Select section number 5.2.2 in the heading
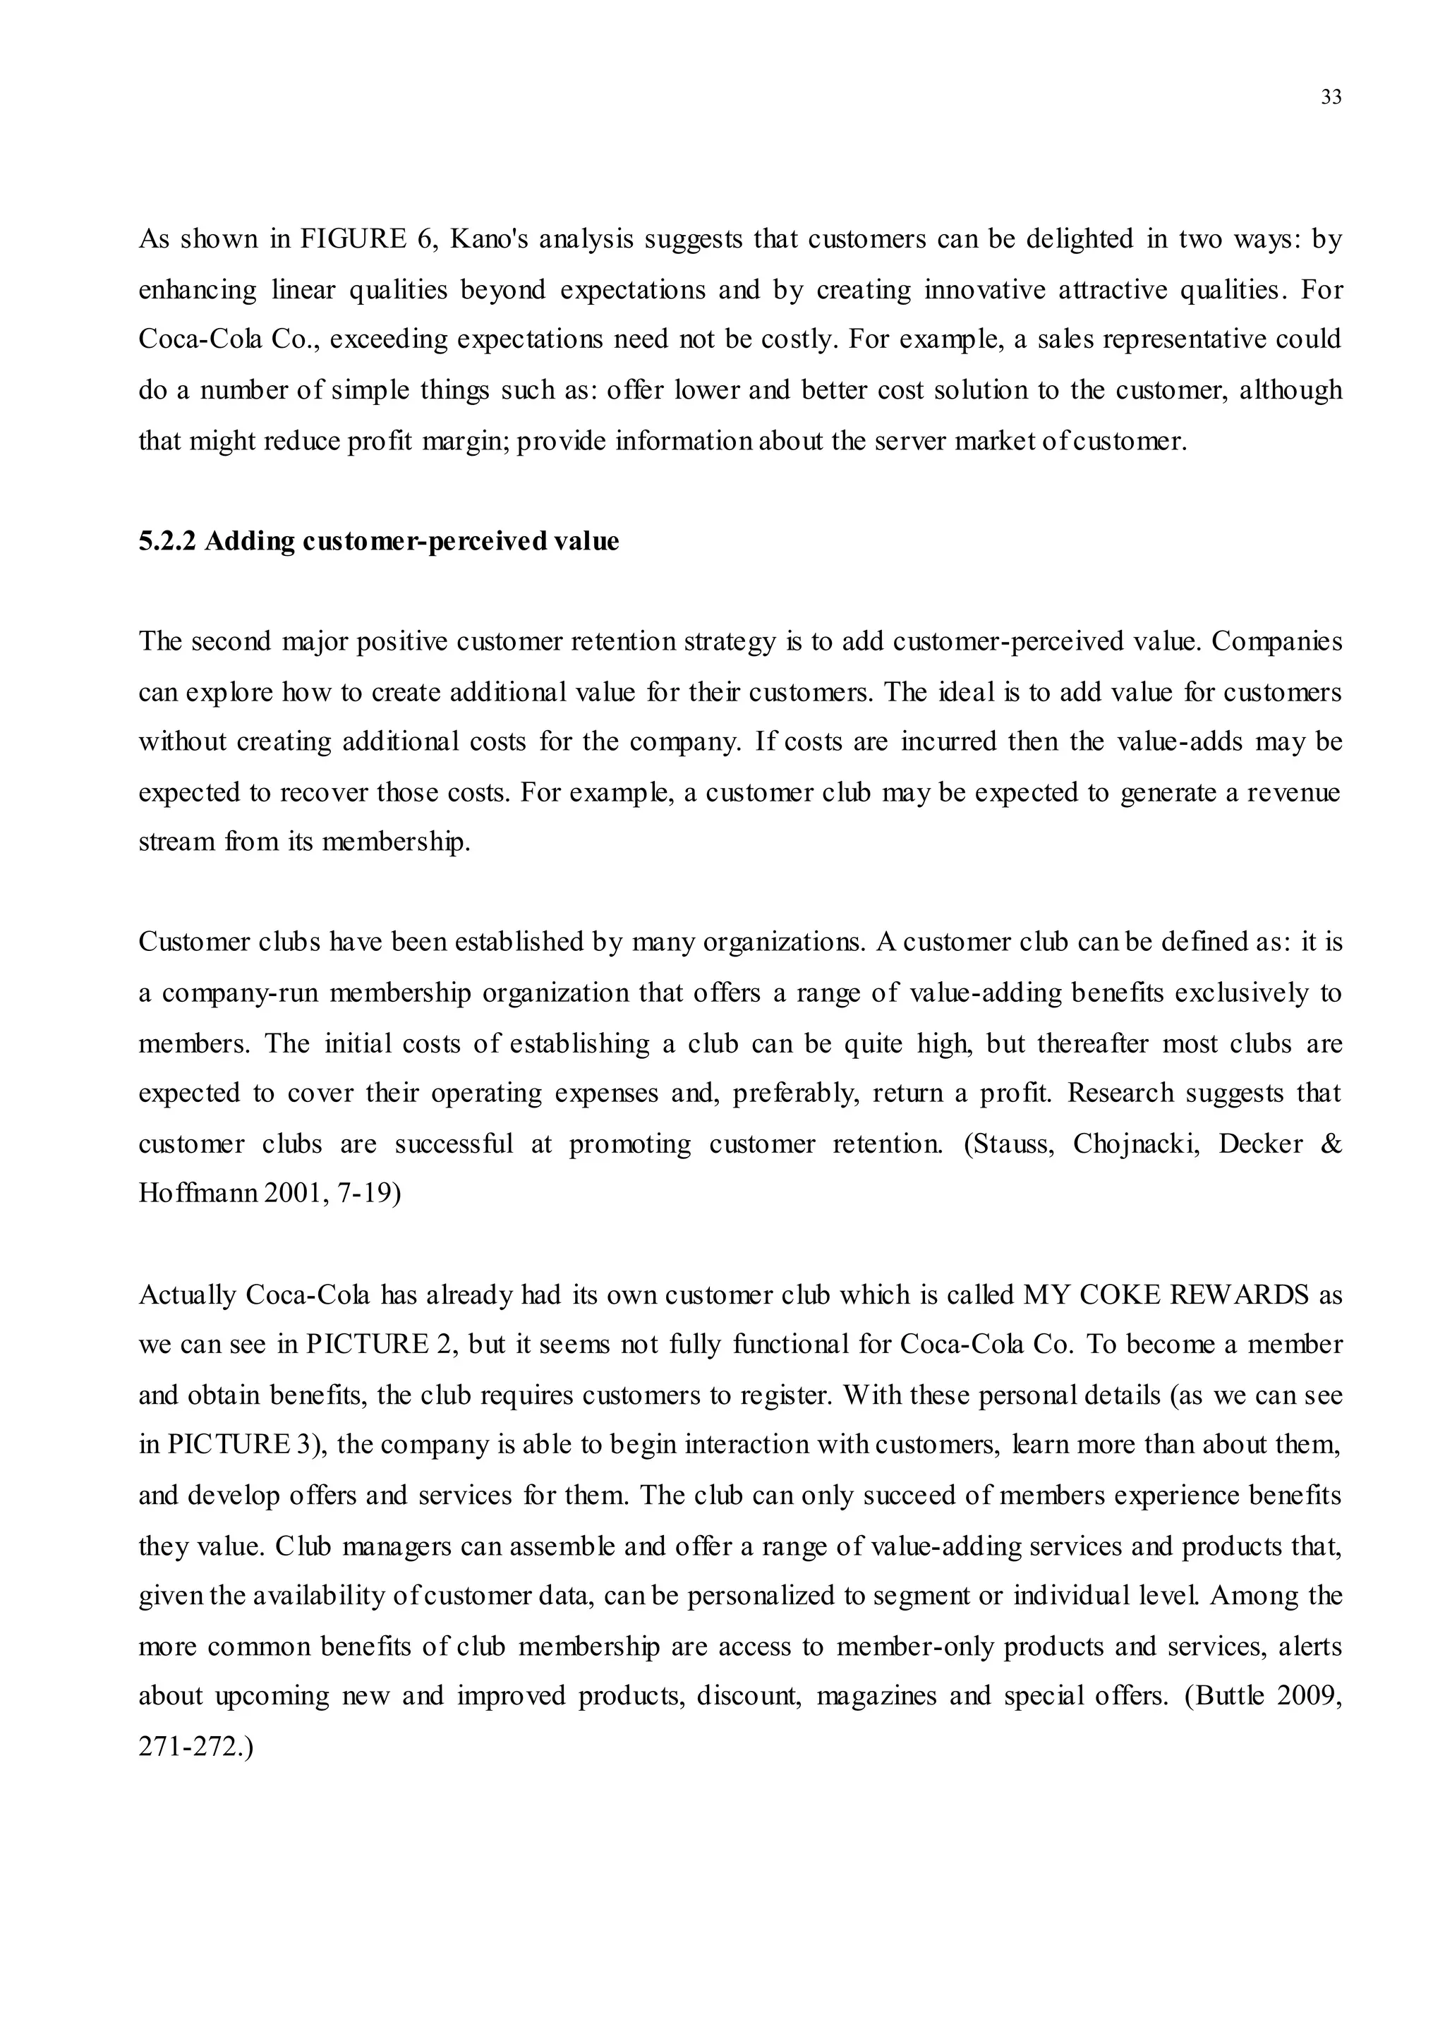coord(167,541)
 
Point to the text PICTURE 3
coord(239,1445)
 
